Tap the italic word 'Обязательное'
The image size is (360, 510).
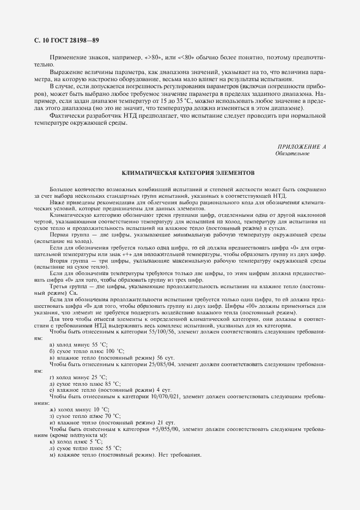(x=292, y=154)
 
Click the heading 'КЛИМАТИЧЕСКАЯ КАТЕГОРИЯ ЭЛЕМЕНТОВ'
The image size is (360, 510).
(x=179, y=173)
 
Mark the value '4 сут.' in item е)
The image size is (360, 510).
(x=164, y=390)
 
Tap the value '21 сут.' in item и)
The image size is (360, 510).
(x=166, y=423)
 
